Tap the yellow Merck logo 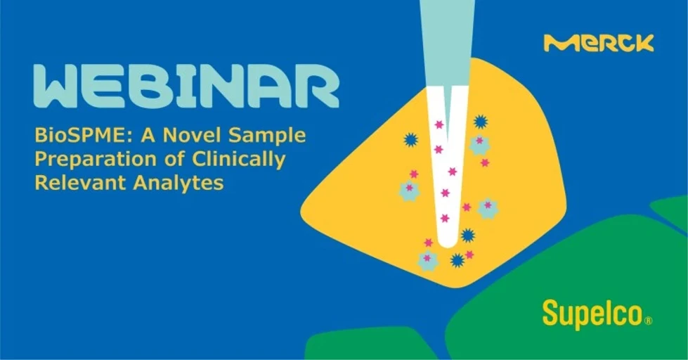[x=599, y=44]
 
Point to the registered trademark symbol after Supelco [x=648, y=321]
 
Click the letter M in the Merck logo [x=557, y=44]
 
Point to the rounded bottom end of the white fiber [x=448, y=243]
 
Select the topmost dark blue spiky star [x=481, y=122]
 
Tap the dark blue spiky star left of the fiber [x=411, y=140]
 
